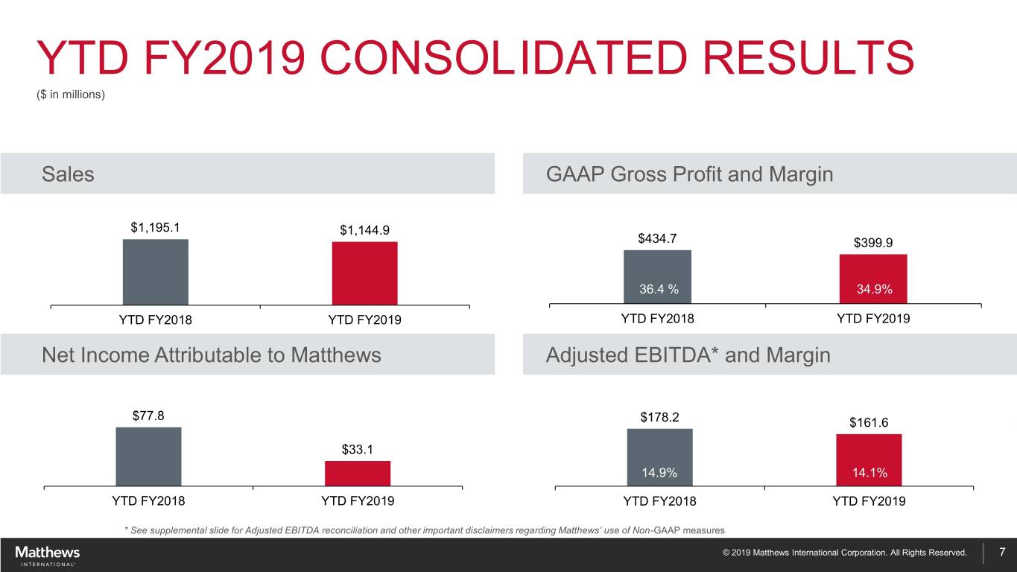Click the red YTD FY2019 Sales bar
(x=364, y=273)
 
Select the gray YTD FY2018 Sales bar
(x=155, y=272)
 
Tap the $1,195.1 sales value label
(x=155, y=227)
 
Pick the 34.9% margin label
(x=874, y=290)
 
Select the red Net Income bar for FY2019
(x=357, y=473)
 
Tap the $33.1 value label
(x=358, y=449)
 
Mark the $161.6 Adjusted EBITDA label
(x=869, y=422)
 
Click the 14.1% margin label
(x=869, y=473)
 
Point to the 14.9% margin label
(x=659, y=473)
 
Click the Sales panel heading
(x=68, y=174)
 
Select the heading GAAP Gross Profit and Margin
(x=689, y=174)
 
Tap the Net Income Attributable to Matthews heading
(x=212, y=355)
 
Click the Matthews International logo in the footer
(x=47, y=555)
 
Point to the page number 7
(x=1002, y=553)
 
